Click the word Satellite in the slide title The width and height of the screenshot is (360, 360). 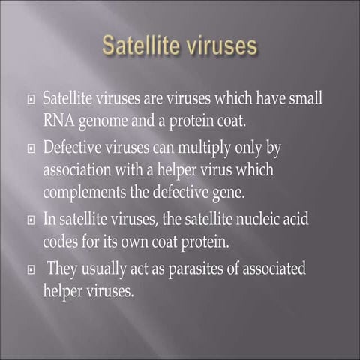[x=139, y=46]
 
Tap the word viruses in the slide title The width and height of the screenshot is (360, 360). [x=218, y=46]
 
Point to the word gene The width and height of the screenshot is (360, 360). [x=226, y=192]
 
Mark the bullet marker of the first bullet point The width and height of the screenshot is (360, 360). [x=31, y=100]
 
